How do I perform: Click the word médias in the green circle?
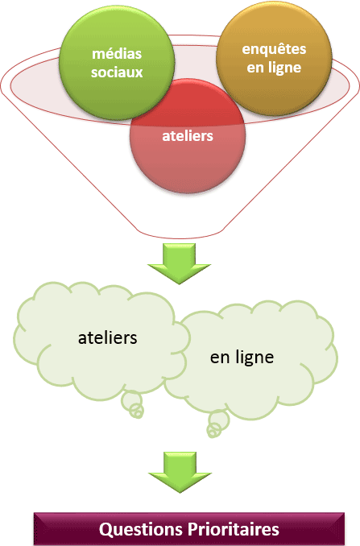point(117,54)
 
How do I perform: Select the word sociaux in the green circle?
point(117,72)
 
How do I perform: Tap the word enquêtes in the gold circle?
point(274,49)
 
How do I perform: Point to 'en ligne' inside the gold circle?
point(274,68)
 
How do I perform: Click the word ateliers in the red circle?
point(188,136)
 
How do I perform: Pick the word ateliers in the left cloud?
point(108,337)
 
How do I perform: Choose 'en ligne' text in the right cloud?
point(242,358)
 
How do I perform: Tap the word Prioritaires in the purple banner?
point(234,529)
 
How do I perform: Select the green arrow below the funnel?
point(180,263)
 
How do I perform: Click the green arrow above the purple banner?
point(180,472)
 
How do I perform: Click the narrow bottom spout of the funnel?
point(180,234)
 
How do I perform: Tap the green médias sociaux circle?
point(117,63)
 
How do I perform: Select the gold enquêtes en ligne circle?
point(274,58)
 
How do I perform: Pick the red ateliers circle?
point(188,136)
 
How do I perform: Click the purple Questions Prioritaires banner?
point(189,529)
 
